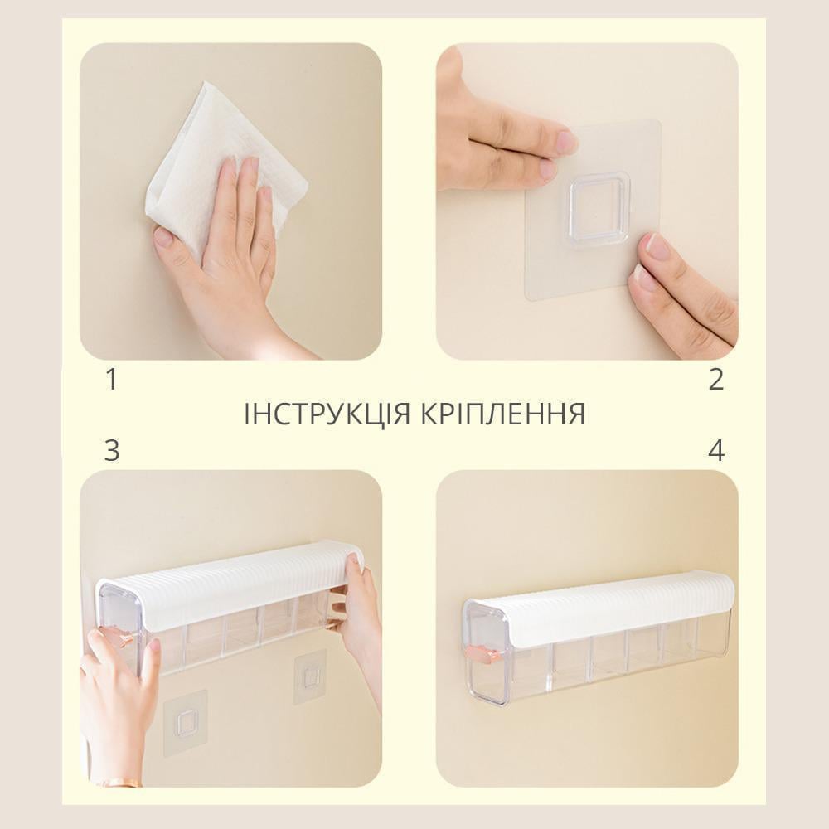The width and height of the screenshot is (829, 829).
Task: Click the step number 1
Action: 112,379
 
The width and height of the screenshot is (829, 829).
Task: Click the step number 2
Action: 716,379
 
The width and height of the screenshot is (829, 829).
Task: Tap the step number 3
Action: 112,450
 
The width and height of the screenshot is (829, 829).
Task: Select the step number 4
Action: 716,450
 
